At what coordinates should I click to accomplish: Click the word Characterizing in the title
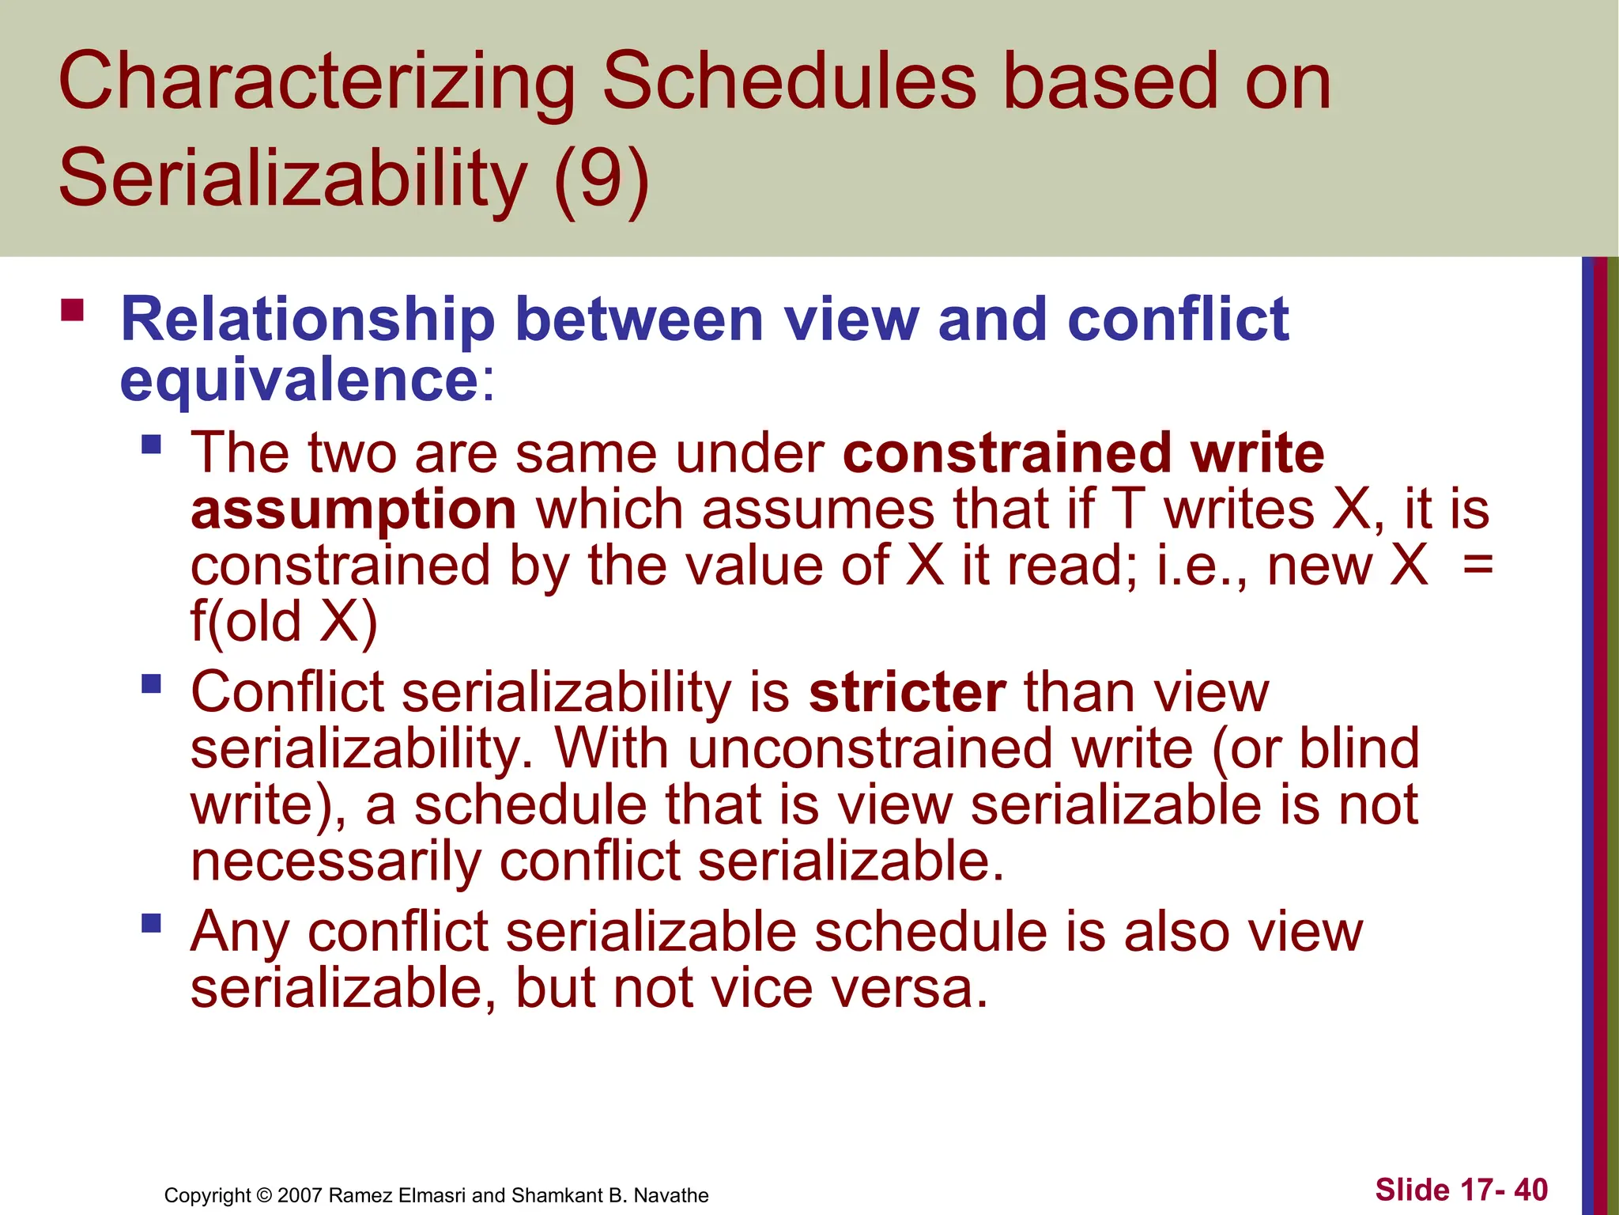[316, 83]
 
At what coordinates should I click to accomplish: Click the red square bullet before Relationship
[72, 309]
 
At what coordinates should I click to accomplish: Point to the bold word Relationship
[308, 320]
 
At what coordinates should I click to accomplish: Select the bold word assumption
[353, 510]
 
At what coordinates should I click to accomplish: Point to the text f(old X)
[284, 622]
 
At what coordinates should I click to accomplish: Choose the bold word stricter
[907, 693]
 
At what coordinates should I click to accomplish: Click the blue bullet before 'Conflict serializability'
[151, 683]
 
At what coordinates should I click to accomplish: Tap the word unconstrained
[870, 748]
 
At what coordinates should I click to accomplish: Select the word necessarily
[335, 861]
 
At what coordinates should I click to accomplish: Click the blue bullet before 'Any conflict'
[151, 922]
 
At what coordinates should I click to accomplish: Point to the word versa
[909, 989]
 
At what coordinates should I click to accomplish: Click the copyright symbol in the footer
[264, 1195]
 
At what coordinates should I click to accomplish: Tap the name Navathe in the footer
[670, 1195]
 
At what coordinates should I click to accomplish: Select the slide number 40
[1530, 1190]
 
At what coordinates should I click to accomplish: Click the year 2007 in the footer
[300, 1195]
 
